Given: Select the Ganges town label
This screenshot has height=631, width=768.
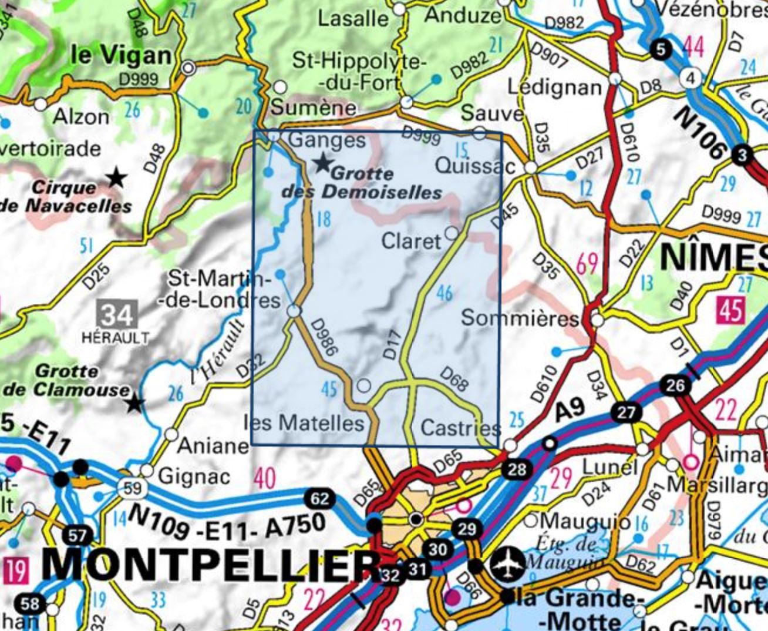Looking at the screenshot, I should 328,140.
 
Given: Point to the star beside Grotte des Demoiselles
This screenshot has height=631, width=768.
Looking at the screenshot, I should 322,162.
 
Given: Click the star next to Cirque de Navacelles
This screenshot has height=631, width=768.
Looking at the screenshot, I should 117,176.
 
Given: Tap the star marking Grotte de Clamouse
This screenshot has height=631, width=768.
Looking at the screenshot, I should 136,403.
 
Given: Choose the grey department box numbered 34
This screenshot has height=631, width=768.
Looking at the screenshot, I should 117,315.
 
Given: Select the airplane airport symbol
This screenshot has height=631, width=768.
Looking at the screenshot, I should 509,565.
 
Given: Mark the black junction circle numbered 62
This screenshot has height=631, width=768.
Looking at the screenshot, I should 319,499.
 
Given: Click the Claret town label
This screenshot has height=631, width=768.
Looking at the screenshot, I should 410,241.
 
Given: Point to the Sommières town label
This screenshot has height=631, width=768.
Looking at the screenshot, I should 520,318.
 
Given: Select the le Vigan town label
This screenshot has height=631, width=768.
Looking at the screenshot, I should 121,55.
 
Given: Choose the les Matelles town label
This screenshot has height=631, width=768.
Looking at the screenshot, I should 304,422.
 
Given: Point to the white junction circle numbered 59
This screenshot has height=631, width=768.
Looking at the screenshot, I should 132,487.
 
